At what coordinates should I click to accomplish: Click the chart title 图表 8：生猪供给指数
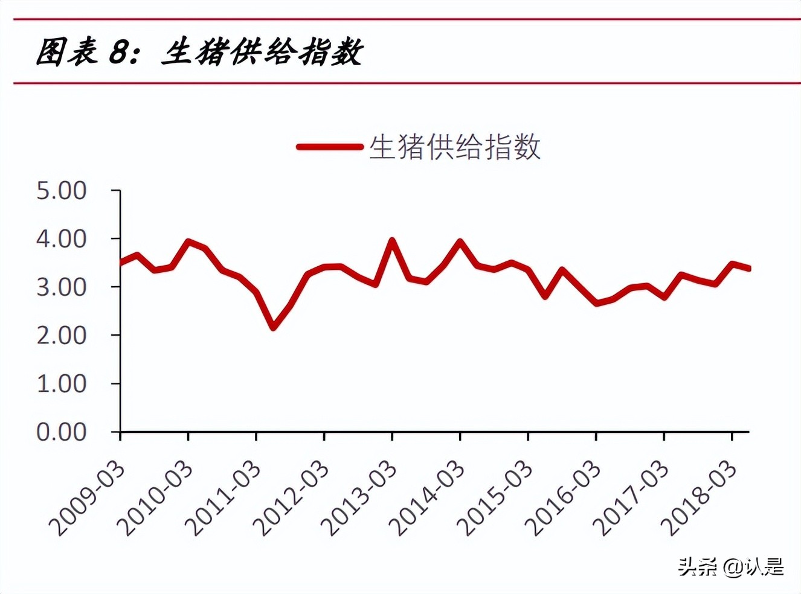tap(199, 52)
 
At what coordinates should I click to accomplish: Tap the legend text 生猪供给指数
tap(454, 147)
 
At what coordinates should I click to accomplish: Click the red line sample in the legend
tap(329, 147)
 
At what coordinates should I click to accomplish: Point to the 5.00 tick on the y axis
tap(62, 191)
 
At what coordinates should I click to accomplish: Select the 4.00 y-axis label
tap(62, 239)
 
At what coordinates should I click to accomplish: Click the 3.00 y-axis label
tap(62, 287)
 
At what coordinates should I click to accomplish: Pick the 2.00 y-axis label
tap(62, 336)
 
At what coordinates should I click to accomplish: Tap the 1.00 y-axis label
tap(62, 384)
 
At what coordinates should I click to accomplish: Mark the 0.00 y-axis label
tap(62, 432)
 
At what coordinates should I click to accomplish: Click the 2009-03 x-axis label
tap(88, 499)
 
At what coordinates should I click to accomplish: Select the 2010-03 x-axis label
tap(156, 499)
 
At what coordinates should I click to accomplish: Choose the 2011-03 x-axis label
tap(224, 499)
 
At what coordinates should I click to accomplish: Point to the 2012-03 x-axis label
tap(292, 499)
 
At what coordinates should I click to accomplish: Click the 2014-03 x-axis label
tap(428, 499)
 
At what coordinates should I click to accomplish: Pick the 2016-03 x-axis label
tap(564, 499)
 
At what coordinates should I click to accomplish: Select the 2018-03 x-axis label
tap(700, 499)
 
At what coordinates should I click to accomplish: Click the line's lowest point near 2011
tap(274, 327)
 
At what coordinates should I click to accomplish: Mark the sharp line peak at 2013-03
tap(392, 241)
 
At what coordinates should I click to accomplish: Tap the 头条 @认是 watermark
tap(731, 567)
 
